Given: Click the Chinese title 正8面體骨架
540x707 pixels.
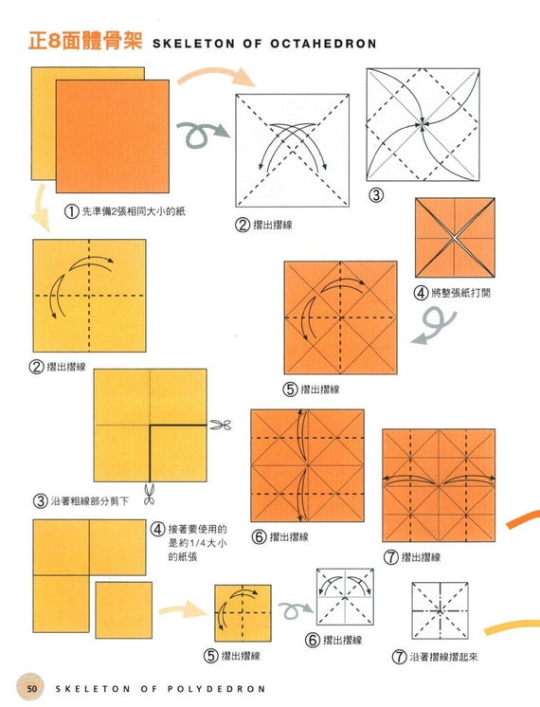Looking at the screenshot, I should [x=85, y=42].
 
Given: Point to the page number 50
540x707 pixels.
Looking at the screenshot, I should [x=32, y=688].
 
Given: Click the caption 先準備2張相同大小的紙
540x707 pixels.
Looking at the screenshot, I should [x=132, y=211].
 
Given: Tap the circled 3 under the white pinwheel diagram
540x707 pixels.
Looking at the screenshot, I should [x=375, y=196].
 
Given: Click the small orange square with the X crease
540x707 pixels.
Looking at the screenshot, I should [x=455, y=237].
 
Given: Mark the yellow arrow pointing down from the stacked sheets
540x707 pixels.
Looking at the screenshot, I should [x=39, y=208].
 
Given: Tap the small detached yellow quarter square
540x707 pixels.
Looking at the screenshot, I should [x=123, y=609].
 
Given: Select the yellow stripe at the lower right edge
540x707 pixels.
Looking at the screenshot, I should [x=512, y=627].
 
